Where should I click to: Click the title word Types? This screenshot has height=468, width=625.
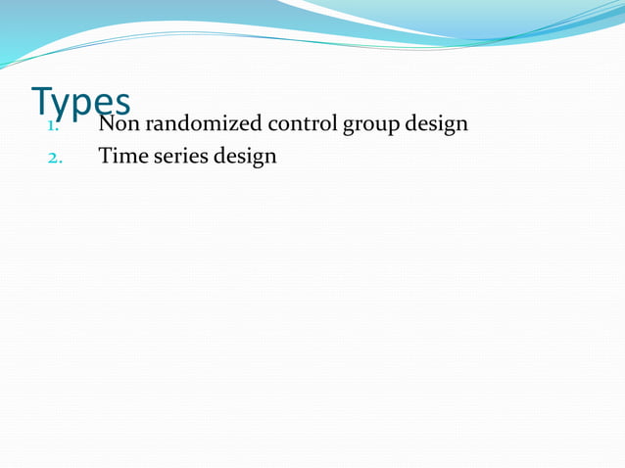[x=80, y=104]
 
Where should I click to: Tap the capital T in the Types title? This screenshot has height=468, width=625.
[x=42, y=100]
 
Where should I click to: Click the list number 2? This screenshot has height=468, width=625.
[x=55, y=156]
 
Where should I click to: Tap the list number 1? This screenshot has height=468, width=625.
[x=55, y=125]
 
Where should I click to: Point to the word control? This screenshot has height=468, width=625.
[x=289, y=124]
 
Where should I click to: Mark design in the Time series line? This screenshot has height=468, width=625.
[x=245, y=157]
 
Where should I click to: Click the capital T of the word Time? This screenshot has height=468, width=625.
[x=105, y=155]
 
